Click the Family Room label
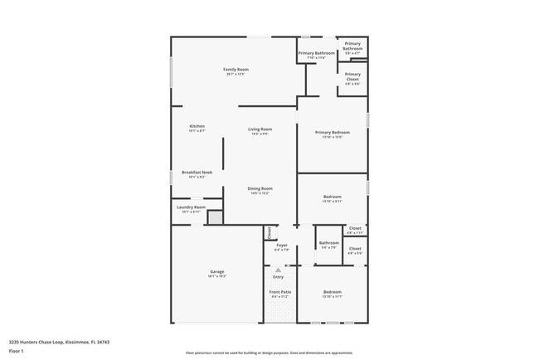point(236,70)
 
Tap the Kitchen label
point(197,126)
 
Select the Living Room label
point(260,129)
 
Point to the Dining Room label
point(260,189)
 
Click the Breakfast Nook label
point(197,173)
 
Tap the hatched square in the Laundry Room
point(215,217)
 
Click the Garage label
point(217,271)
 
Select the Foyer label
point(281,245)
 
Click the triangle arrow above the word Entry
point(279,270)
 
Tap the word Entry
point(279,276)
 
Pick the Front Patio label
point(279,292)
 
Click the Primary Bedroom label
point(332,133)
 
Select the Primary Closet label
point(352,79)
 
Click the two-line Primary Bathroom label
point(352,46)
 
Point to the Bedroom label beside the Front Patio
point(332,292)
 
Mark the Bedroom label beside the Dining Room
point(332,197)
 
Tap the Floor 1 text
point(17,351)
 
